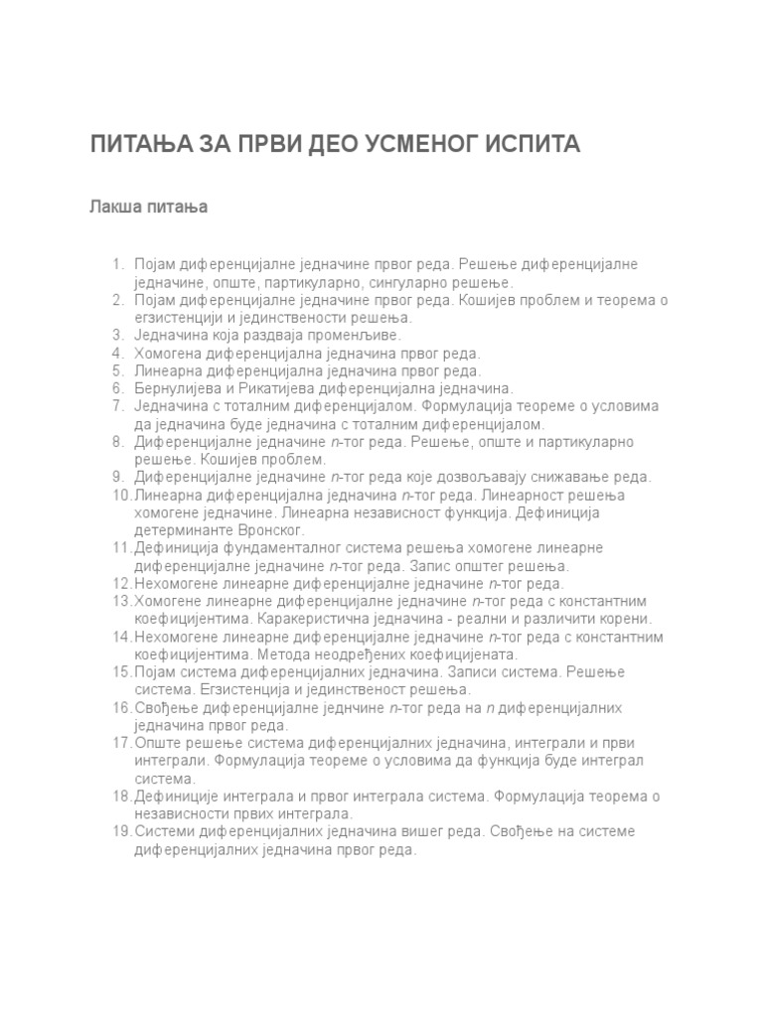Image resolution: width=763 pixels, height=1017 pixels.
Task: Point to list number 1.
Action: (117, 264)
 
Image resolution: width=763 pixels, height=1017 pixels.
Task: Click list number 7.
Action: (117, 406)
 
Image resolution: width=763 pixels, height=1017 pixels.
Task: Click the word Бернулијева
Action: (177, 388)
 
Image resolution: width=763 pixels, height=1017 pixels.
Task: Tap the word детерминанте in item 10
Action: (181, 530)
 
